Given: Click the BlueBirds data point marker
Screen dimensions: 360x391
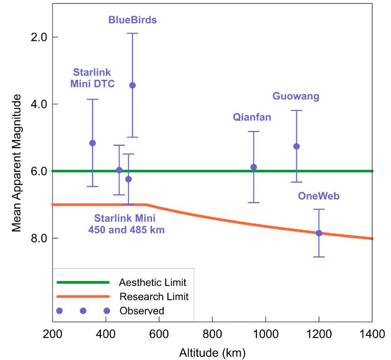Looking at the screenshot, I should pos(133,85).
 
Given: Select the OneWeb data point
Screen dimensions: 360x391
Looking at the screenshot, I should pos(319,233).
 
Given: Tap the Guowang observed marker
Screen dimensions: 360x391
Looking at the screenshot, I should pos(296,146).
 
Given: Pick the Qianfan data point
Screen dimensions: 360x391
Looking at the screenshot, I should pos(253,167).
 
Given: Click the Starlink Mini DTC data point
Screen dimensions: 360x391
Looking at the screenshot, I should pos(93,143).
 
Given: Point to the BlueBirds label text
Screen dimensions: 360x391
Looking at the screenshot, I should pos(133,20).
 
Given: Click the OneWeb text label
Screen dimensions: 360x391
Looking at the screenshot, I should pos(319,196).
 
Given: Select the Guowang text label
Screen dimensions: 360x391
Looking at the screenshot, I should pos(296,96).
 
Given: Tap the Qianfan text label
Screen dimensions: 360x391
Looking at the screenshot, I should pos(252,117).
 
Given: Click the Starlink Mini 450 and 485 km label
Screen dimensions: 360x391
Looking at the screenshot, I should pos(126,224).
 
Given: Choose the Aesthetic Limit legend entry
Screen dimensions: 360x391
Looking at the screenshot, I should pos(152,283).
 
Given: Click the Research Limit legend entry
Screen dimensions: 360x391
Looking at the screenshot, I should pos(154,297).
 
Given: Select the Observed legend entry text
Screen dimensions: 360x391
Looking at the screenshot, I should pos(141,311).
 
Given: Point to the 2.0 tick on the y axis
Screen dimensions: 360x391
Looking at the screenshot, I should pos(39,37).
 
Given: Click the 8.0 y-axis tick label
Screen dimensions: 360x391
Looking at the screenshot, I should pos(39,238).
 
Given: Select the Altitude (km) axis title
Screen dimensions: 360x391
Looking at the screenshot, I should pos(212,352).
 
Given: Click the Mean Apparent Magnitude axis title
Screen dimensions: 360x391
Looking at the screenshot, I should pos(16,163).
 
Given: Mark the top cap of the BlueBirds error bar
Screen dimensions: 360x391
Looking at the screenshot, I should pos(133,33).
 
